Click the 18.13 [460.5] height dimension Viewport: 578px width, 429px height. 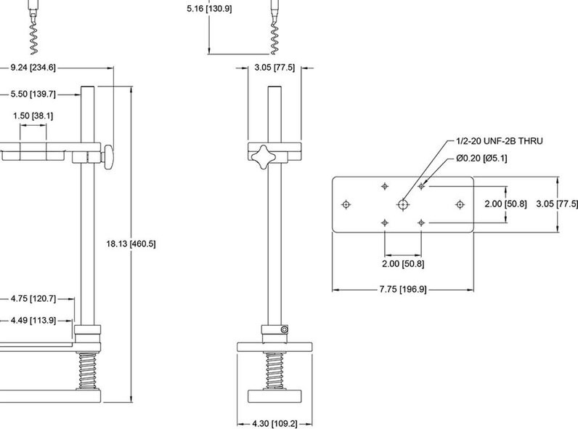click(131, 244)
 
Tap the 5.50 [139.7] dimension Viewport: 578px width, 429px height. click(33, 94)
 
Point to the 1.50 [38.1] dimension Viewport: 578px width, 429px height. click(33, 116)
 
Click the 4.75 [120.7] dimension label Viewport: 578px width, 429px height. click(33, 298)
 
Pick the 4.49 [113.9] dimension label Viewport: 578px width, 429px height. click(33, 319)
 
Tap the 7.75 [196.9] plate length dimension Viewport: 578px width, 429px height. click(402, 289)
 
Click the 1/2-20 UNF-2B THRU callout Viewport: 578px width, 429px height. click(499, 140)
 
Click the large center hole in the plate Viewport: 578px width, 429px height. click(402, 204)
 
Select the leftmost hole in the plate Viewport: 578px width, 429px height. click(346, 204)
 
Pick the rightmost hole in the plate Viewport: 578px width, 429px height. click(459, 204)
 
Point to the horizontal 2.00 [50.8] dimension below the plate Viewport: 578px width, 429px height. click(402, 262)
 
